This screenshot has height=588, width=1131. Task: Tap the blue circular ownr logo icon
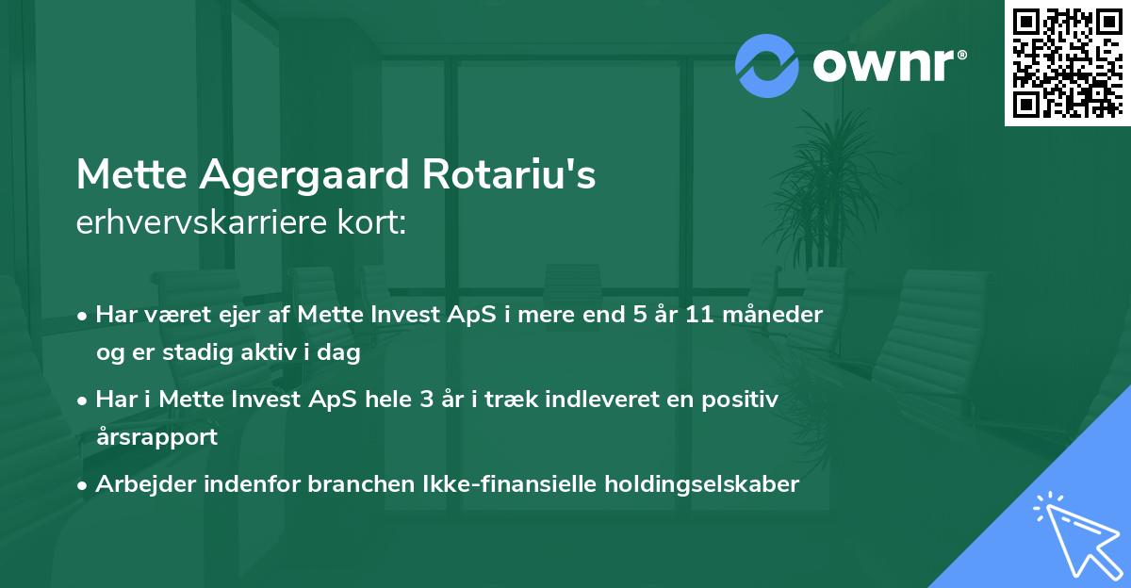(x=767, y=65)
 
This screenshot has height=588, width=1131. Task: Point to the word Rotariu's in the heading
(x=516, y=175)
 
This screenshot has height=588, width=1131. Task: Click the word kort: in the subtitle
(x=376, y=222)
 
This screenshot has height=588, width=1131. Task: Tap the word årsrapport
(x=156, y=437)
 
